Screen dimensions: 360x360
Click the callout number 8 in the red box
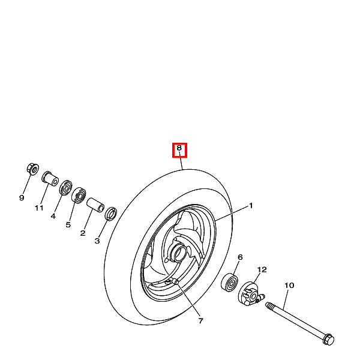click(179, 148)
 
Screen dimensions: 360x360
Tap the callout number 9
click(22, 197)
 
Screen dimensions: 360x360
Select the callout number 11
click(39, 208)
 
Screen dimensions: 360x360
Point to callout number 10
click(289, 286)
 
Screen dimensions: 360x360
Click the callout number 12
click(262, 269)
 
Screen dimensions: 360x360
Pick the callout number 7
click(201, 321)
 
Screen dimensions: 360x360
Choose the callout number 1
click(251, 205)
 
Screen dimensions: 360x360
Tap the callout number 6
click(240, 257)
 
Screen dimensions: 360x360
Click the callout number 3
click(97, 241)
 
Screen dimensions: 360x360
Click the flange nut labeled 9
click(33, 169)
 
